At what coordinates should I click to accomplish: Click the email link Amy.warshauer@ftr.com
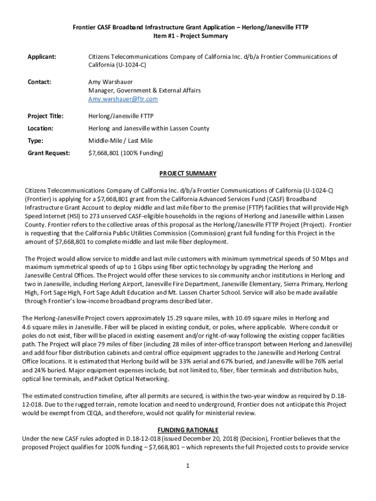(123, 99)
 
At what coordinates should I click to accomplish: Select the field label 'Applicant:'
(42, 57)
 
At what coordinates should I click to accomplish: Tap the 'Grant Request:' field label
(48, 153)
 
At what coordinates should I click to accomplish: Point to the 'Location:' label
(41, 129)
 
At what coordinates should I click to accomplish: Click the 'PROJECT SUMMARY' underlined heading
(188, 174)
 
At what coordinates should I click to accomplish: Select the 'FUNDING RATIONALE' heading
(188, 430)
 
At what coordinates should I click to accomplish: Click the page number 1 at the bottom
(188, 465)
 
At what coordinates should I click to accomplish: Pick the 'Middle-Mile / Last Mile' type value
(120, 141)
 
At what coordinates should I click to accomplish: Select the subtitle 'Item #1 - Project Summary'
(188, 36)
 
